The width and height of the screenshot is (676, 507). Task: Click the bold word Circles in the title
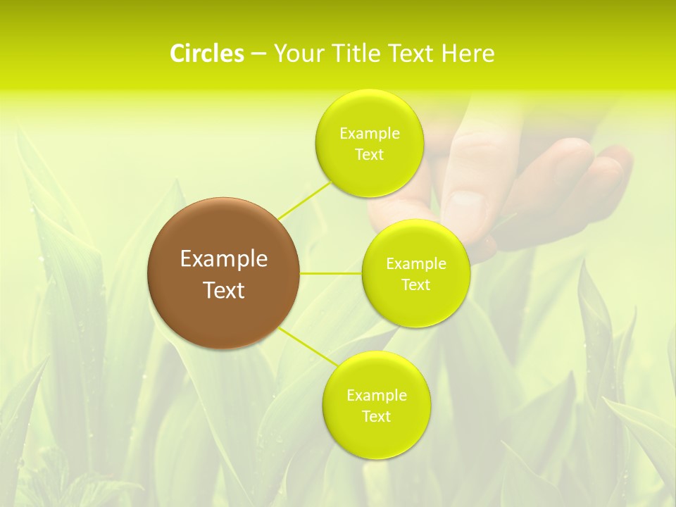point(206,54)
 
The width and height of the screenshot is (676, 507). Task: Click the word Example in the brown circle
point(224,259)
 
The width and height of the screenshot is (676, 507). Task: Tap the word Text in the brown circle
point(224,290)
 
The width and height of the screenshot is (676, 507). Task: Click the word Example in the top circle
point(370,134)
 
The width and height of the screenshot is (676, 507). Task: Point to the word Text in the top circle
point(369,155)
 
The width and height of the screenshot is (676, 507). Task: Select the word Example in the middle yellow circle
point(416,264)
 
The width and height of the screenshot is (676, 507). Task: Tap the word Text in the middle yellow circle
point(415,285)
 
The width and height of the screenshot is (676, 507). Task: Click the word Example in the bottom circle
point(377,396)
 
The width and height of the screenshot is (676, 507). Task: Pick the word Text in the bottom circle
point(376,417)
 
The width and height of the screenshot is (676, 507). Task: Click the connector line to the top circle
point(304,199)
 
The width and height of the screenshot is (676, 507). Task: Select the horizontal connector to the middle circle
point(330,273)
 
